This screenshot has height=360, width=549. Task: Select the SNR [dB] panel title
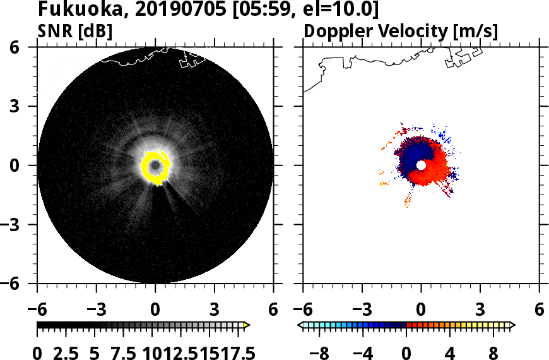[x=75, y=30]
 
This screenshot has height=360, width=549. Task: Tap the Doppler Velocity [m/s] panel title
[x=401, y=30]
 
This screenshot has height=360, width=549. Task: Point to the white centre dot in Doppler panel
[x=421, y=165]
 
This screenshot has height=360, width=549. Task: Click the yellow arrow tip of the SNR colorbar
[x=247, y=325]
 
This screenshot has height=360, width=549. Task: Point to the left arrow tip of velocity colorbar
[x=300, y=325]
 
